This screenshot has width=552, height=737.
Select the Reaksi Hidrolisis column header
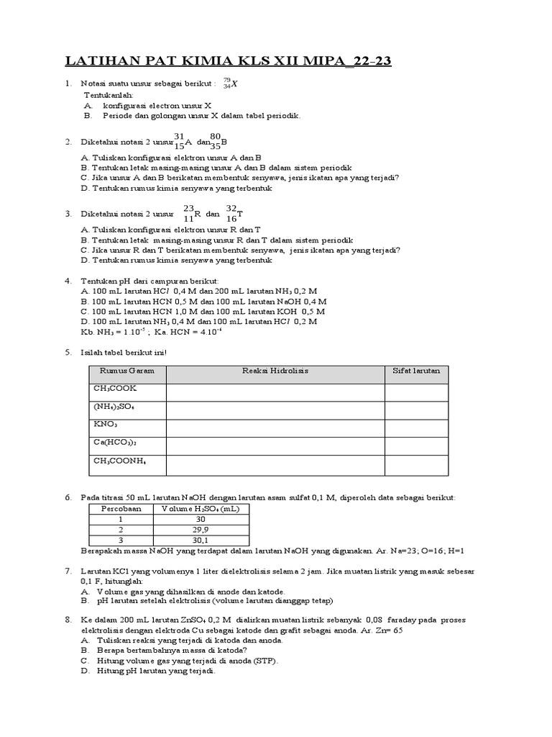coord(275,371)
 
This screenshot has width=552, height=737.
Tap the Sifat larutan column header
coord(416,371)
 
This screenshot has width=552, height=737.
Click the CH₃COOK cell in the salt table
coord(115,389)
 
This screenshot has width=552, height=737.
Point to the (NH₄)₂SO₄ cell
coord(114,407)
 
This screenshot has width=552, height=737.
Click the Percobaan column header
coord(121,508)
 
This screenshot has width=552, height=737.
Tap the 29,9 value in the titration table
coord(201,529)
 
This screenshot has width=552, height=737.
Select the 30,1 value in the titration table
coord(201,540)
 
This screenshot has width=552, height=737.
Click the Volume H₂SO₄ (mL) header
coord(201,508)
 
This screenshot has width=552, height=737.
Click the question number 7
coord(68,571)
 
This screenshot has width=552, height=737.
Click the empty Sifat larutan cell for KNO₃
coord(416,425)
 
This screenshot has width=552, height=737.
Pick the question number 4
coord(68,281)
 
